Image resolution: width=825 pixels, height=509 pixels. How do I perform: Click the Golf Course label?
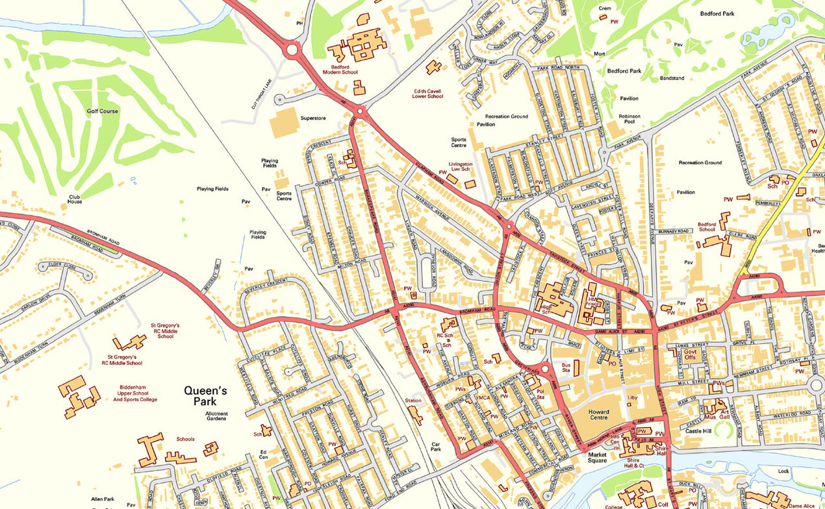click(x=103, y=111)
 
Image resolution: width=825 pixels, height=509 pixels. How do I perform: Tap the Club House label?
click(x=76, y=198)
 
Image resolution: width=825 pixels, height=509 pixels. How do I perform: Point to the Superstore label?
click(x=313, y=118)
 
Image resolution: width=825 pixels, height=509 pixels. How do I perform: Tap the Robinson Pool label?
click(x=629, y=119)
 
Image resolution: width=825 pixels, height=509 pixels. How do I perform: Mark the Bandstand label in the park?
click(x=672, y=78)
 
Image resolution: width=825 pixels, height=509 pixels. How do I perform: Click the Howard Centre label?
click(x=598, y=416)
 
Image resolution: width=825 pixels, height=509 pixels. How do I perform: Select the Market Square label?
click(x=597, y=458)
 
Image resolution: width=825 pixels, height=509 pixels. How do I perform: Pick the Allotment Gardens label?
click(x=216, y=416)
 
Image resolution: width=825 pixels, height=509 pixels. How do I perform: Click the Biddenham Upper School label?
click(x=135, y=396)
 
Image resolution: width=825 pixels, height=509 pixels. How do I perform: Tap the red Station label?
click(x=413, y=401)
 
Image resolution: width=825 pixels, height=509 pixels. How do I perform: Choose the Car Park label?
click(x=437, y=447)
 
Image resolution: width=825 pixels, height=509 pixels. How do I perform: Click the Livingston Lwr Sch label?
click(x=461, y=167)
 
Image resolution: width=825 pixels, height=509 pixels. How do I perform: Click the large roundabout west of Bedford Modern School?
click(x=291, y=49)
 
